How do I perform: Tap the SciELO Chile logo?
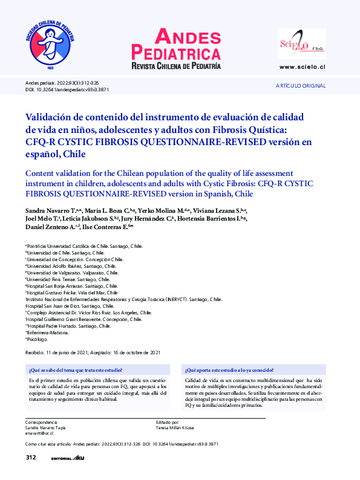(301, 44)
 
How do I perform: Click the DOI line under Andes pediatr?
(67, 89)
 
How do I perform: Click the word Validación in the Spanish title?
(51, 117)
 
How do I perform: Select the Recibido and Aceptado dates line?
(93, 352)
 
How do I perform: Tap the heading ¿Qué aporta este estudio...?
(229, 369)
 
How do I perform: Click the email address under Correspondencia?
(39, 433)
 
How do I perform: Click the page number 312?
(31, 458)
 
